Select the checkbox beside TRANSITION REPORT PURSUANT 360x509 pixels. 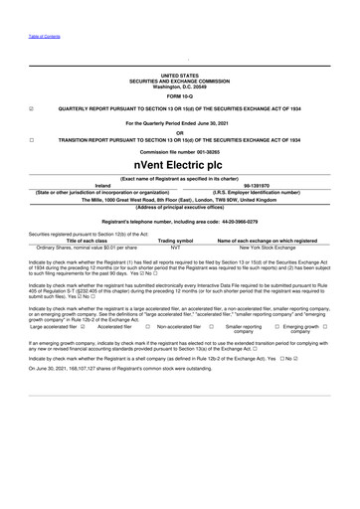(x=33, y=140)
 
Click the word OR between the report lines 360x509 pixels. (x=179, y=131)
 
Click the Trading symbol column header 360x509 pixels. (x=175, y=240)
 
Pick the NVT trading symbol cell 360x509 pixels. (x=175, y=247)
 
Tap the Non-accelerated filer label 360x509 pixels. (x=179, y=325)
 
